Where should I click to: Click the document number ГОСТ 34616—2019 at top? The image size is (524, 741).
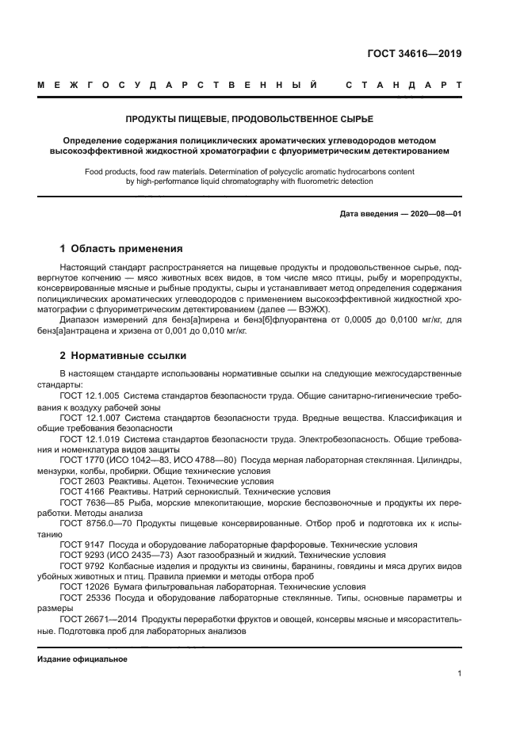click(x=414, y=54)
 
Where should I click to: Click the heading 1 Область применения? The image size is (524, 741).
click(x=121, y=248)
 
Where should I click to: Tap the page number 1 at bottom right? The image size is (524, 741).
click(x=460, y=674)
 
